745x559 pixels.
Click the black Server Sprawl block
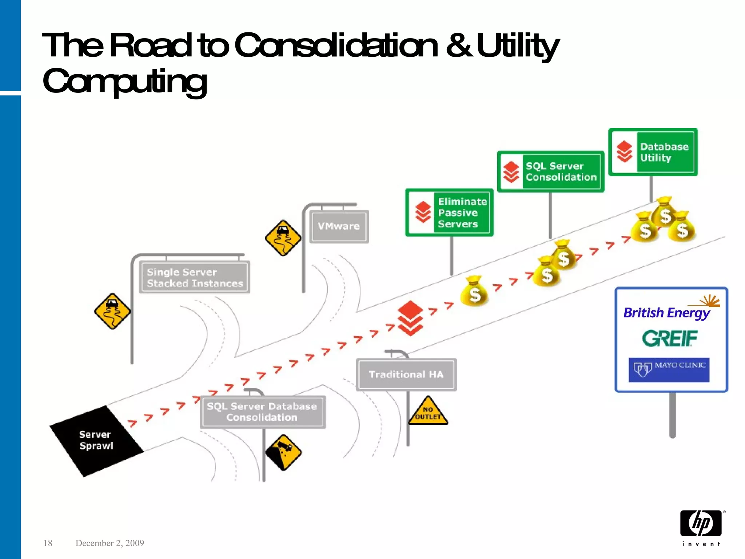[x=96, y=440]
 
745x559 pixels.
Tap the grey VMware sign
[x=339, y=226]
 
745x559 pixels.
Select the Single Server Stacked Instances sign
[x=194, y=277]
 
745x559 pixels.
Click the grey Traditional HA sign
[x=406, y=374]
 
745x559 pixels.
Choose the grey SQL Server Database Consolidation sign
[x=262, y=412]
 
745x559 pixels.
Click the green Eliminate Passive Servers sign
[x=450, y=213]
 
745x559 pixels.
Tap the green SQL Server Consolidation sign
[x=551, y=172]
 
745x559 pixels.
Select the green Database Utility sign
[x=653, y=152]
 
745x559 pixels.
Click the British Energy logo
[x=667, y=312]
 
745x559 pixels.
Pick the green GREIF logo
[x=670, y=338]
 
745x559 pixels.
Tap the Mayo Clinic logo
[x=669, y=369]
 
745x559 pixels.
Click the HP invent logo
[x=701, y=527]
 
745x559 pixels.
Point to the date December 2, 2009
[x=109, y=543]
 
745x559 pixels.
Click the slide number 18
[x=48, y=543]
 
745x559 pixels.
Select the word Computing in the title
[x=125, y=82]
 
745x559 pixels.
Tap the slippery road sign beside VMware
[x=283, y=238]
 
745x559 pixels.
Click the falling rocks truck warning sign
[x=283, y=452]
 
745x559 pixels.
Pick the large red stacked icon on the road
[x=410, y=318]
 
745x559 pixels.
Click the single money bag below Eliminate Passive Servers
[x=474, y=292]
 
